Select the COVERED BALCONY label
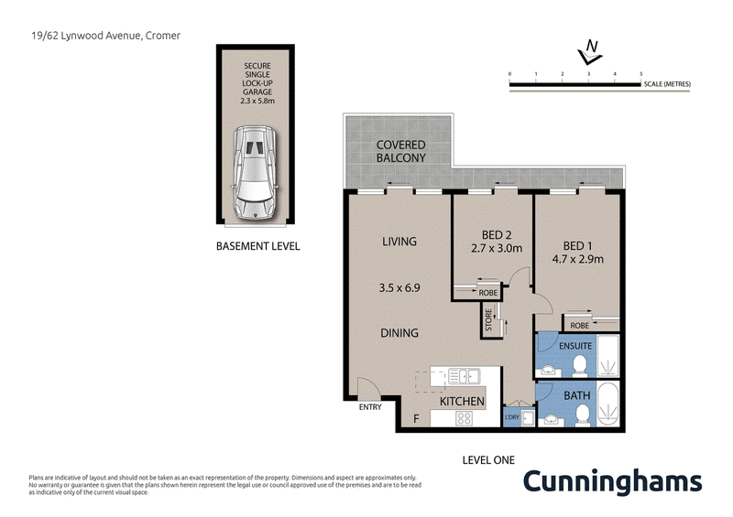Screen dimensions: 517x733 [401, 152]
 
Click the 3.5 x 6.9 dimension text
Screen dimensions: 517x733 [399, 286]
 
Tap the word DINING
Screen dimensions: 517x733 [400, 333]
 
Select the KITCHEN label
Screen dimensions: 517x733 [462, 402]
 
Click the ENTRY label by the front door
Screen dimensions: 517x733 [370, 407]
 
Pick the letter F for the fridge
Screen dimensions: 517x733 [416, 419]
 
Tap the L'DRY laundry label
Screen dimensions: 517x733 [512, 418]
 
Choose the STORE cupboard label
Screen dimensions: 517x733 [489, 322]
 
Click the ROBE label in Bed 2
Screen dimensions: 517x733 [488, 293]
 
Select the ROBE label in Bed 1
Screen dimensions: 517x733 [579, 325]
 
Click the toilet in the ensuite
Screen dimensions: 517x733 [579, 366]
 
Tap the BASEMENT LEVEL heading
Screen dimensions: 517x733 [257, 246]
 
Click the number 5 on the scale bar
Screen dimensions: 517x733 [640, 72]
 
